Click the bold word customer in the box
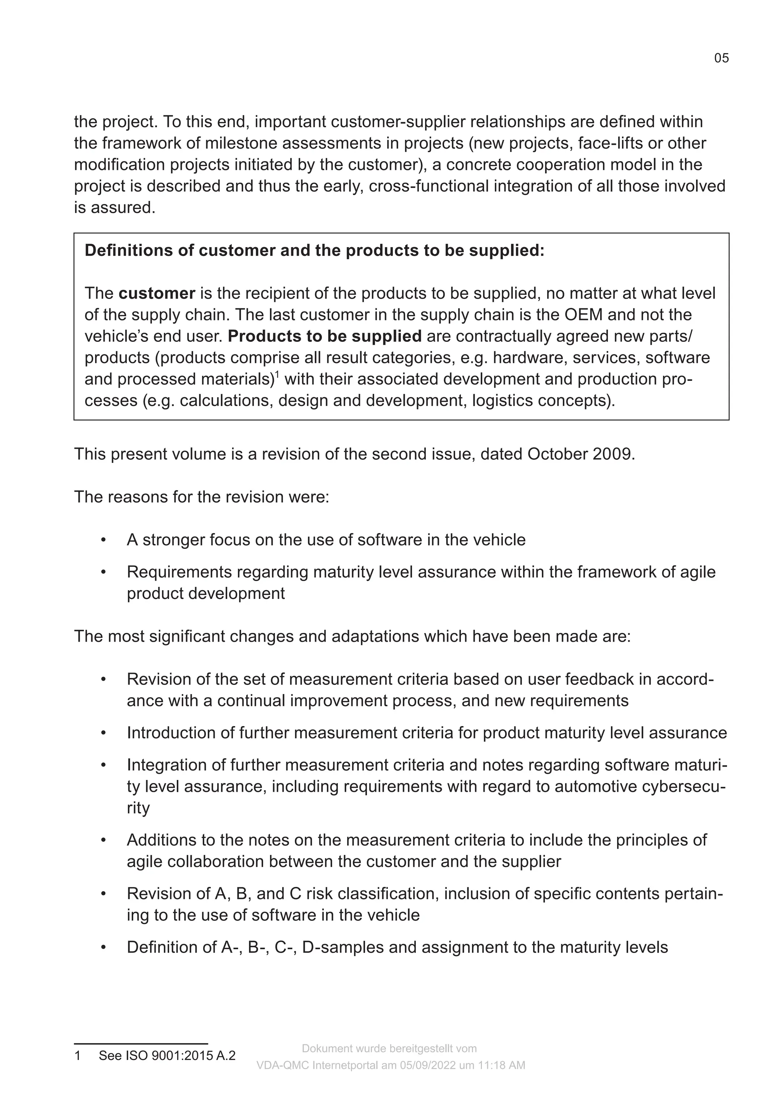(x=157, y=293)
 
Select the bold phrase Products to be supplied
(x=324, y=337)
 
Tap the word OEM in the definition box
(x=583, y=315)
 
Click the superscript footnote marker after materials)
(x=277, y=374)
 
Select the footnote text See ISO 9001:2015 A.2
(x=167, y=1055)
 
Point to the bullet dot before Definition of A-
(x=103, y=947)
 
